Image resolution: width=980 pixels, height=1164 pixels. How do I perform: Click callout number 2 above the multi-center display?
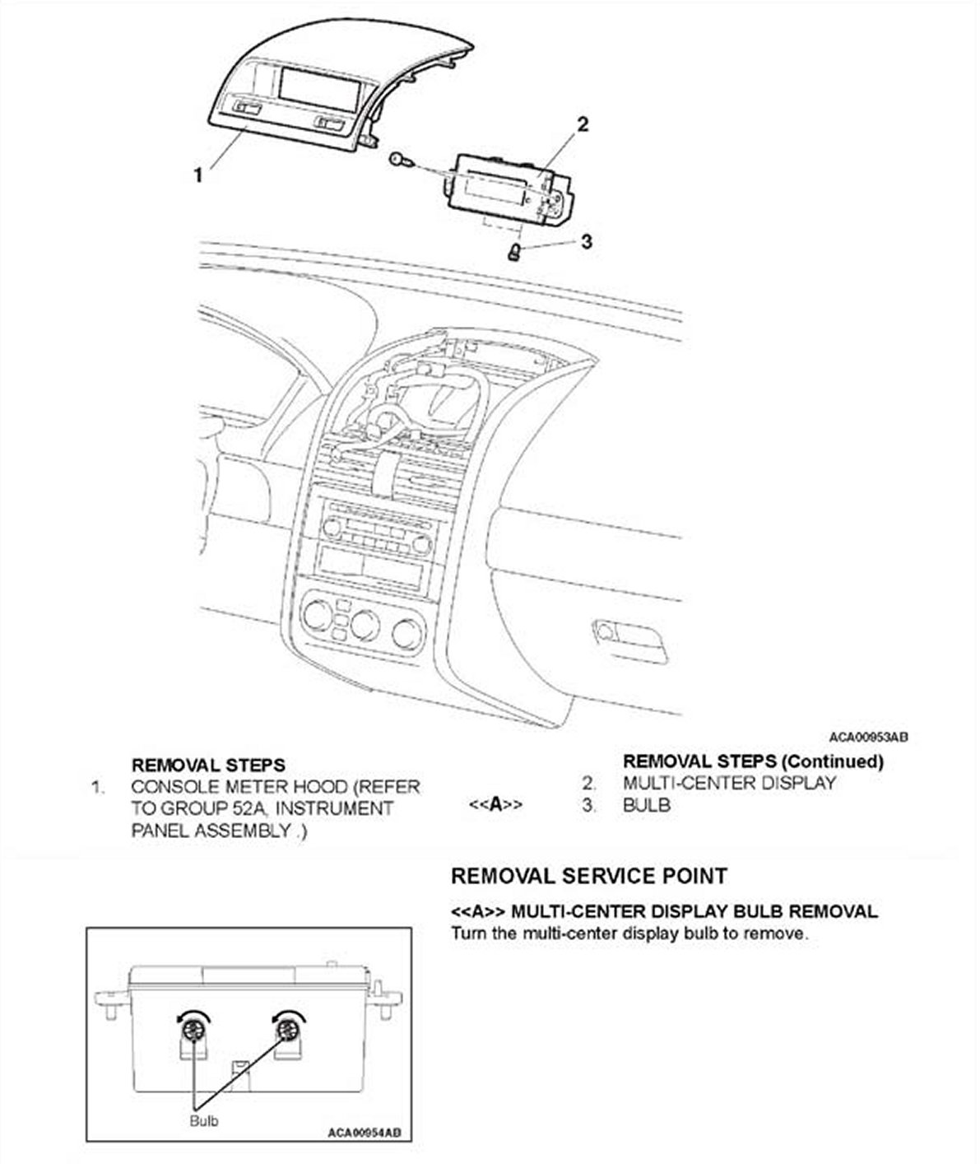[583, 124]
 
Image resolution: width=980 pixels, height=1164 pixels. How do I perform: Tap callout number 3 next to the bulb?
[586, 241]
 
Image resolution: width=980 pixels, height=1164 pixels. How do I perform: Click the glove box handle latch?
[607, 632]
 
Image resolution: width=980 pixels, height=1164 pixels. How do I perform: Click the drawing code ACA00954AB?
[364, 1133]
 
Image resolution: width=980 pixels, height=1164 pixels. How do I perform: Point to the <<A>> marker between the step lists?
[495, 804]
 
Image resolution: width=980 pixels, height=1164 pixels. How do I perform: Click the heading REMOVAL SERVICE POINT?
[589, 875]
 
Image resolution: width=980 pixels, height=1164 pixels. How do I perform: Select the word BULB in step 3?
[647, 804]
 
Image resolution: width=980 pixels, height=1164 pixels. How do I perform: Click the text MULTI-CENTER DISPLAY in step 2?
[729, 783]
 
